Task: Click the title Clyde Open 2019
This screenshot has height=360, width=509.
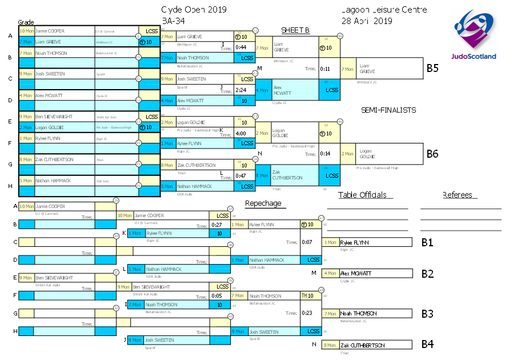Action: pos(194,10)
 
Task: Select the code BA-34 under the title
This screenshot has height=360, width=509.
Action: pos(174,21)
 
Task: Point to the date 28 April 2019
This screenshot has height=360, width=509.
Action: pos(366,21)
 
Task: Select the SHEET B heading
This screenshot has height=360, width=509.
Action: pos(295,30)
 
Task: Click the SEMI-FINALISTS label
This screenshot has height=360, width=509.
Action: pos(388,110)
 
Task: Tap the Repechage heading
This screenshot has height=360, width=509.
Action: pos(263,203)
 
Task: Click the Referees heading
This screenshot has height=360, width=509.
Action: pos(458,195)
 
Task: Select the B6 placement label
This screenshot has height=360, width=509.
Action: pos(432,153)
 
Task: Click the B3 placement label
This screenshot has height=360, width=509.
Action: pos(427,313)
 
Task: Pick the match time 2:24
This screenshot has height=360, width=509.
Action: pos(241,90)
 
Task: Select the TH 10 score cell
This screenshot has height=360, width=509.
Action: pos(307,295)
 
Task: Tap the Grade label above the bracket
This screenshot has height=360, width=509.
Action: pos(26,22)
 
